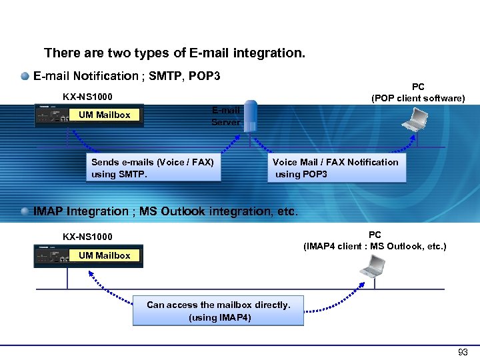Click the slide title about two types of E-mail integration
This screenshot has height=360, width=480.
point(174,53)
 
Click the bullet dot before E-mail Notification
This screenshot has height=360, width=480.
point(25,76)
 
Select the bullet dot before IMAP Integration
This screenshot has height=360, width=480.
point(25,211)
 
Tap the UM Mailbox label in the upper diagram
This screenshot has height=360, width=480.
point(105,115)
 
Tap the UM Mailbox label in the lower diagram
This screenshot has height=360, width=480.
point(105,255)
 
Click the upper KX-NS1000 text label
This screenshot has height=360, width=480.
point(87,97)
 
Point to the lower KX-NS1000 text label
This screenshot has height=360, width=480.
point(87,237)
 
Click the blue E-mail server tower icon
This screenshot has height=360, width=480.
point(250,117)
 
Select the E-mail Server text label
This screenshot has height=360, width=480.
point(225,116)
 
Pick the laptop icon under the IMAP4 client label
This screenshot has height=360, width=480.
point(371,266)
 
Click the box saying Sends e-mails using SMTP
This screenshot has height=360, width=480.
point(152,168)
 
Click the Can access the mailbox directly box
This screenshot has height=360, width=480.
point(218,311)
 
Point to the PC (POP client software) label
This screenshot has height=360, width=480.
point(418,93)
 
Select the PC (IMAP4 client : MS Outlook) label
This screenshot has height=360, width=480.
point(375,241)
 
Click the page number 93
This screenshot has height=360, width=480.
point(463,352)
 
